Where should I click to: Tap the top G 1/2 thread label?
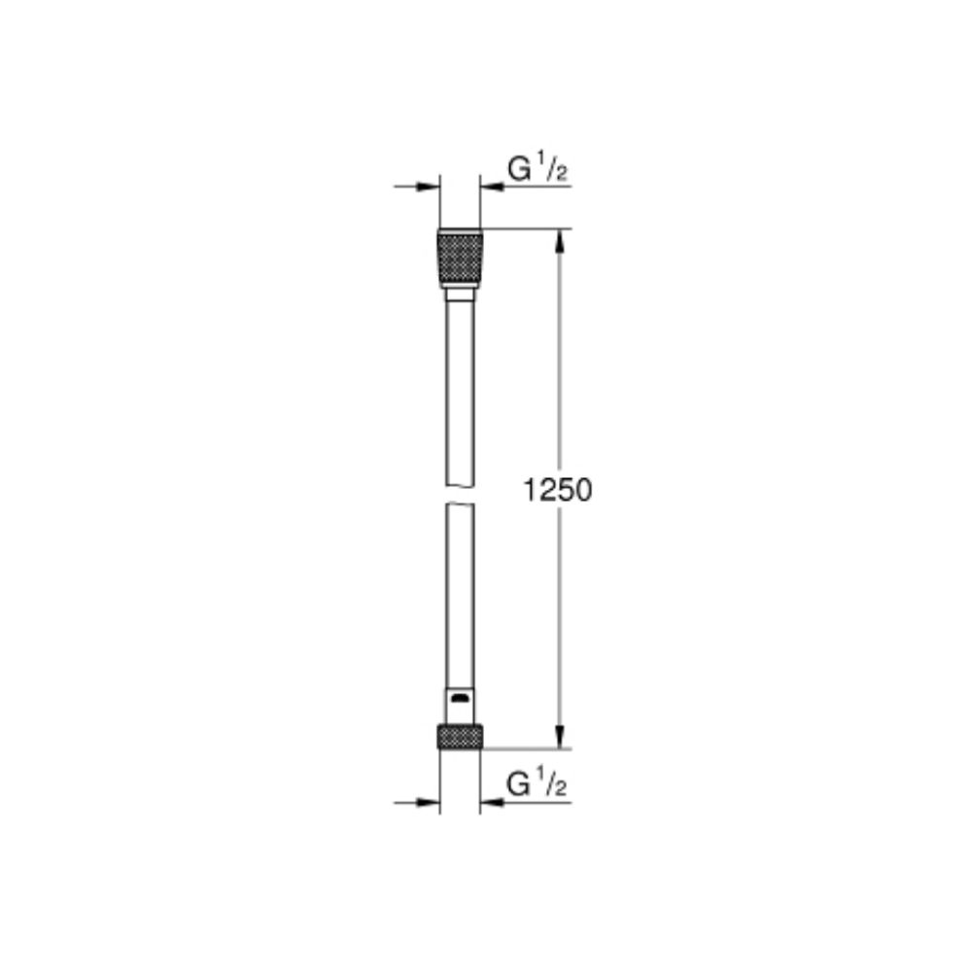tap(538, 169)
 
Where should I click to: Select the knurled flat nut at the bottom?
tap(460, 736)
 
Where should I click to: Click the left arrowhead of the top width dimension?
tap(430, 186)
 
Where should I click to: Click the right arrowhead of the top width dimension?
tap(491, 186)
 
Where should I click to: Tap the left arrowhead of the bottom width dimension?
tap(430, 802)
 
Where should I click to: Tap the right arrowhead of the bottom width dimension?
tap(491, 802)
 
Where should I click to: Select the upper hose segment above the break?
tap(460, 389)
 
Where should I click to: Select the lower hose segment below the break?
tap(460, 593)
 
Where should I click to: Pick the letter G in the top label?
tap(520, 170)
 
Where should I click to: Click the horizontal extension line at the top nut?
tap(525, 229)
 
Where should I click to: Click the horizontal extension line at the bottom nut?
tap(525, 748)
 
